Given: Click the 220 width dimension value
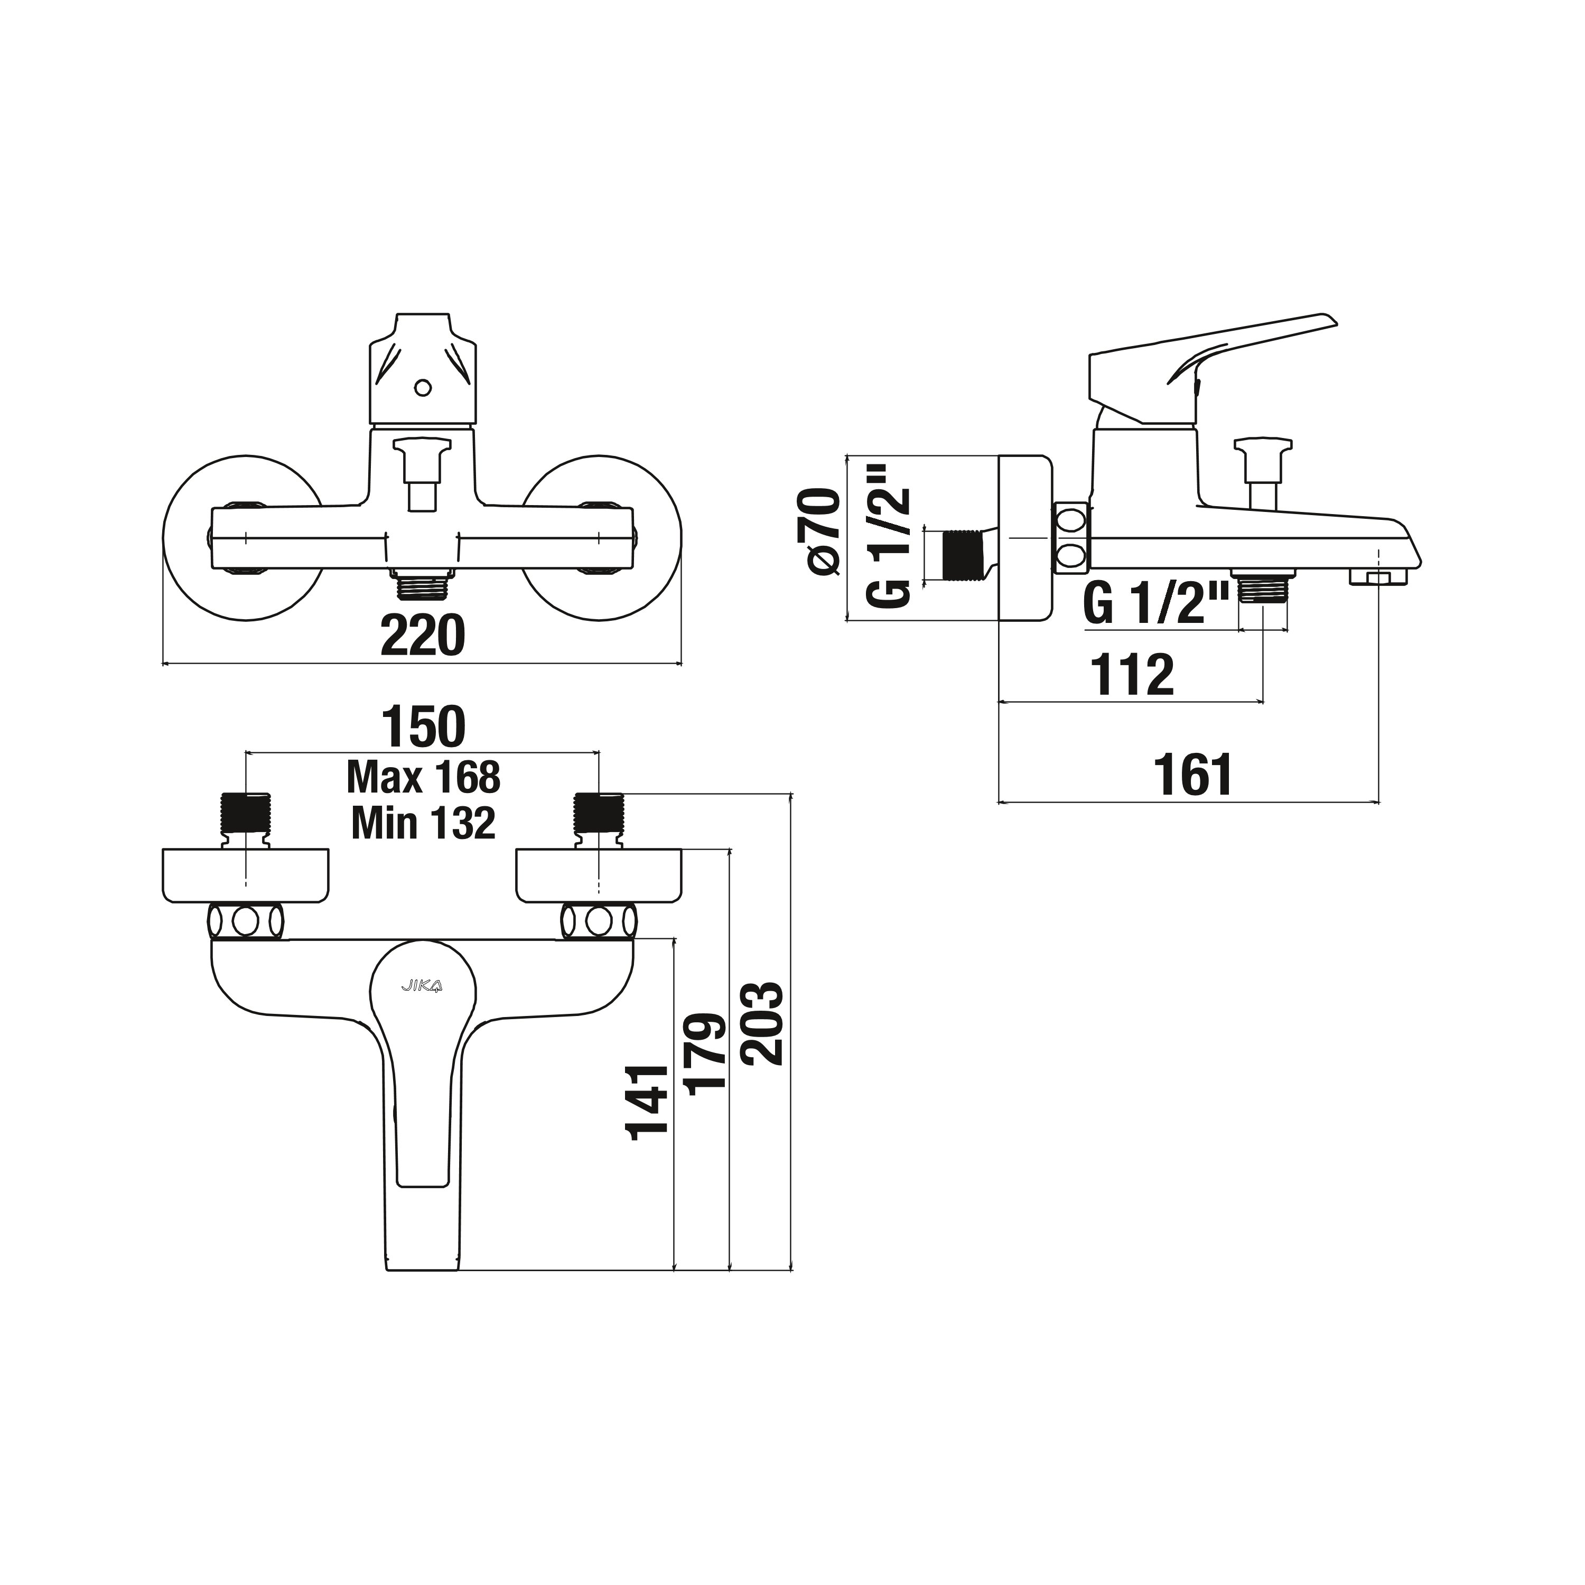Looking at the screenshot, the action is [423, 636].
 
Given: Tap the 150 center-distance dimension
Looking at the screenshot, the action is [423, 727].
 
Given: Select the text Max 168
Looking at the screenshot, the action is [423, 777].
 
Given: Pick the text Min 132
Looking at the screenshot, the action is [423, 823].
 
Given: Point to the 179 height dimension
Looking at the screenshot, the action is [705, 1054].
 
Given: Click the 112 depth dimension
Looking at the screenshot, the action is [1132, 675].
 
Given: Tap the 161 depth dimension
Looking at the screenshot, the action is [1193, 775].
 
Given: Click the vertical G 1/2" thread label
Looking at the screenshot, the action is [889, 537].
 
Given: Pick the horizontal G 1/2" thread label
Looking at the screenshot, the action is [1157, 604].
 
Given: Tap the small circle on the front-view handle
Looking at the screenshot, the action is [423, 387].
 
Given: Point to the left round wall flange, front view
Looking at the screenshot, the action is [243, 538].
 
